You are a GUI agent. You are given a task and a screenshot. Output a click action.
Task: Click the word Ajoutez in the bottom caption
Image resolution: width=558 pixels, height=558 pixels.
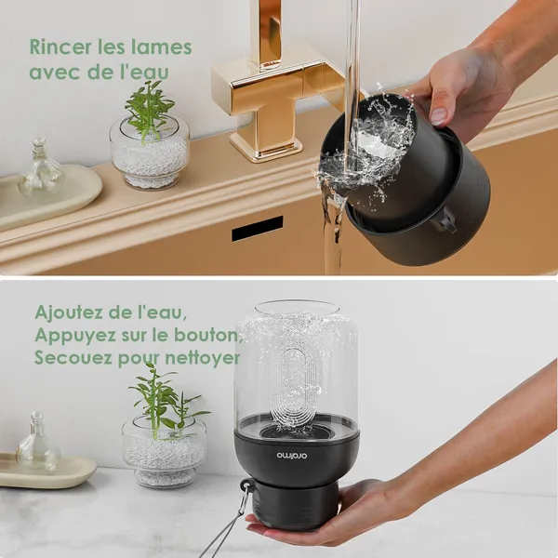click(68, 313)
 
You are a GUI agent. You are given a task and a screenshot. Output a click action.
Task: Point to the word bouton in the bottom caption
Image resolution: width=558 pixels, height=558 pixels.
click(210, 335)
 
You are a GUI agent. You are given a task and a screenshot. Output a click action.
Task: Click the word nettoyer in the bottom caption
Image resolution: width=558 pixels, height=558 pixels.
click(203, 358)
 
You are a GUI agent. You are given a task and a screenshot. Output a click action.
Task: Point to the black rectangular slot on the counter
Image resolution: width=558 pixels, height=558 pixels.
click(258, 228)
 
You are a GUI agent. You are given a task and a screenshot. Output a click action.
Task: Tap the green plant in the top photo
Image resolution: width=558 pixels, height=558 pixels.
click(149, 109)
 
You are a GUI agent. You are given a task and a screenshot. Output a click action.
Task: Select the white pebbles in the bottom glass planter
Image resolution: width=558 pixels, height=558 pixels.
click(164, 458)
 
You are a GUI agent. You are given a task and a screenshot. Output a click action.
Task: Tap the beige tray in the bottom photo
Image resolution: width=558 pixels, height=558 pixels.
click(47, 471)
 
